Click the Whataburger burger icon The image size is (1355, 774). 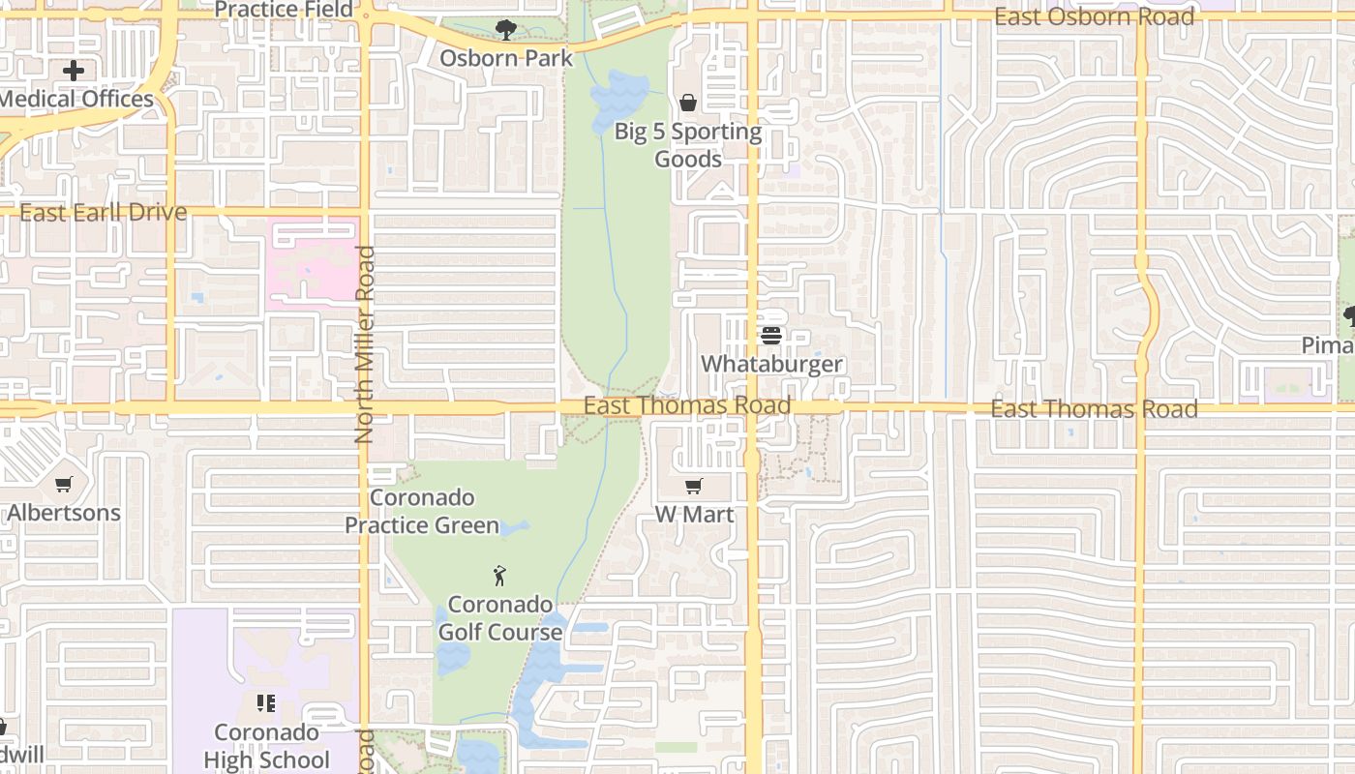pyautogui.click(x=771, y=336)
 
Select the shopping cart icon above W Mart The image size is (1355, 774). pyautogui.click(x=693, y=486)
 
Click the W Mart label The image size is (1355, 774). pyautogui.click(x=694, y=514)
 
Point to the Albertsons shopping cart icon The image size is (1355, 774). pyautogui.click(x=64, y=484)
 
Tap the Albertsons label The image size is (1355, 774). pyautogui.click(x=64, y=512)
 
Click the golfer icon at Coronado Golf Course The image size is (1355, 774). pyautogui.click(x=499, y=576)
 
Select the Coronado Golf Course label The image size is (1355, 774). pyautogui.click(x=500, y=618)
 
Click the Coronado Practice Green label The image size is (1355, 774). pyautogui.click(x=422, y=512)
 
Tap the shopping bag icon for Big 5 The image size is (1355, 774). pyautogui.click(x=688, y=103)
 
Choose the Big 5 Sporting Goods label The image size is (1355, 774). pyautogui.click(x=688, y=145)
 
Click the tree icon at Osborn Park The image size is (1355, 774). pyautogui.click(x=505, y=30)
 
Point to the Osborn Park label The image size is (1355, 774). pyautogui.click(x=506, y=58)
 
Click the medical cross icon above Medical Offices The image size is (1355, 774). pyautogui.click(x=74, y=71)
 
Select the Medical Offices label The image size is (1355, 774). pyautogui.click(x=76, y=99)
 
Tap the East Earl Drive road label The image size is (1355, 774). pyautogui.click(x=103, y=213)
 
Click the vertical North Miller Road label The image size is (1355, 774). pyautogui.click(x=365, y=344)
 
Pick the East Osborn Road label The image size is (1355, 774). pyautogui.click(x=1094, y=16)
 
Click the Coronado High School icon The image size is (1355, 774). pyautogui.click(x=266, y=703)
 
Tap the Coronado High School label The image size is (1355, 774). pyautogui.click(x=266, y=746)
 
